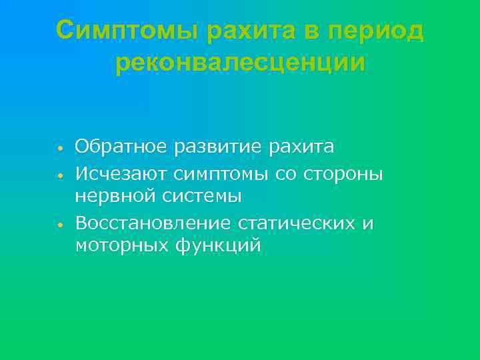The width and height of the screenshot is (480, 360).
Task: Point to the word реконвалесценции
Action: [x=240, y=63]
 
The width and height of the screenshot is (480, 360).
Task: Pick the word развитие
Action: [x=219, y=146]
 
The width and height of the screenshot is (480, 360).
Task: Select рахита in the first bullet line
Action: [x=301, y=146]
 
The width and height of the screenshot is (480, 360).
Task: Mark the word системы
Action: [x=199, y=197]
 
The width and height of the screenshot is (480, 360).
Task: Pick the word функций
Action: [x=219, y=246]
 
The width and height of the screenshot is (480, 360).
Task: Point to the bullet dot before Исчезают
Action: [x=59, y=175]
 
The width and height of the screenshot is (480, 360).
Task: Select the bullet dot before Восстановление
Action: [x=59, y=225]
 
